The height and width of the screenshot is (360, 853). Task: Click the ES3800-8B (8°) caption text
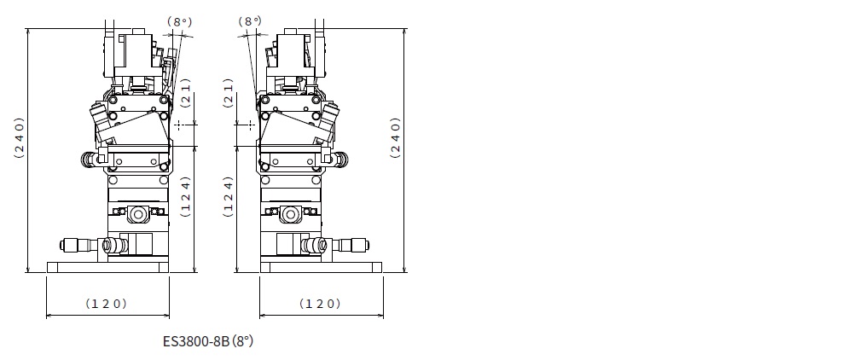coord(208,341)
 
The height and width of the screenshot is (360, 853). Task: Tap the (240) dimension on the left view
coord(20,137)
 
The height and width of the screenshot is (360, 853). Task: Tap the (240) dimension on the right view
coord(396,137)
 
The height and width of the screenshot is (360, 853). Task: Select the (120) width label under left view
coord(106,304)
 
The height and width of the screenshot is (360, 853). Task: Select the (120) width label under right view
coord(320,304)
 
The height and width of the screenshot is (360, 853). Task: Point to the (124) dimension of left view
coord(186,196)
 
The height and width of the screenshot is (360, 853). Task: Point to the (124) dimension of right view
coord(229,196)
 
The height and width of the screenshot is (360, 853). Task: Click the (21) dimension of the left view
coord(186,93)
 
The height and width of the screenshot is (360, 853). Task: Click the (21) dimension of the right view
coord(229,93)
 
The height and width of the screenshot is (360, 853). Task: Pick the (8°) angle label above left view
coord(179,21)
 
